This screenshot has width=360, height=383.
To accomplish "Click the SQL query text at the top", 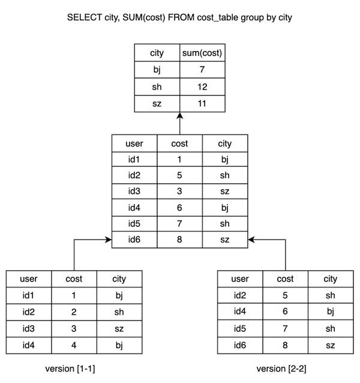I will (180, 20).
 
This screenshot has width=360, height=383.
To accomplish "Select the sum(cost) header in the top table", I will (202, 53).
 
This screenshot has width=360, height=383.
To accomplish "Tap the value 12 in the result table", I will (202, 86).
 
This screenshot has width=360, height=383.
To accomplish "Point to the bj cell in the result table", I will (156, 70).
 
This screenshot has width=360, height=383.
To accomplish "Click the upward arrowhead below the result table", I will (179, 118).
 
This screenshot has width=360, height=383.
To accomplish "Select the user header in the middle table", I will (133, 144).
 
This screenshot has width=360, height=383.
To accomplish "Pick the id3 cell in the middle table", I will (133, 191).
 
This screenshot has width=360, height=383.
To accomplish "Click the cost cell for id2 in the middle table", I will (179, 176).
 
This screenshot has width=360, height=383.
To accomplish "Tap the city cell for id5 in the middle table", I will (226, 223).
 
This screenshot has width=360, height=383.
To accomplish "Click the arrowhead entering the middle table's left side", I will (107, 240).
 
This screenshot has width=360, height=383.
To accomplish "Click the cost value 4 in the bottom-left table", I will (74, 344).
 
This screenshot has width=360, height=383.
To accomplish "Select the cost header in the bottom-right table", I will (285, 279).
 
